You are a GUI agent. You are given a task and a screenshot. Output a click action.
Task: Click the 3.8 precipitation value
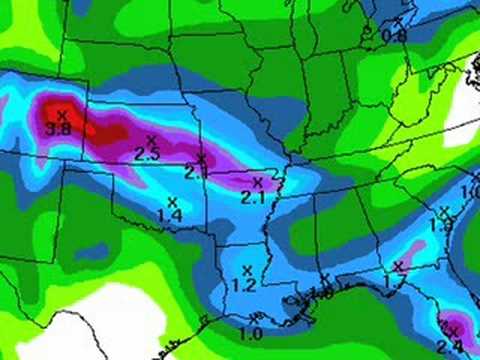[59, 128]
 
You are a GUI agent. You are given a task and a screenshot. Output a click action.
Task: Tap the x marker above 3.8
[61, 114]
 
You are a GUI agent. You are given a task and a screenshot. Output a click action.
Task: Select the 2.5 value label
[147, 154]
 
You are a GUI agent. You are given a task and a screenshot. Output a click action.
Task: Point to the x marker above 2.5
[151, 140]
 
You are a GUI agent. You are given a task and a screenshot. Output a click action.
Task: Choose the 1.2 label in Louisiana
[244, 285]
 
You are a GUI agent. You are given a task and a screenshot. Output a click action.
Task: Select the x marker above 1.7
[398, 266]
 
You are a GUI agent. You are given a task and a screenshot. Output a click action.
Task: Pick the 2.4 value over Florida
[449, 346]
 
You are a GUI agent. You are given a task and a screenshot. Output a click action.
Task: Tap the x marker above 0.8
[398, 21]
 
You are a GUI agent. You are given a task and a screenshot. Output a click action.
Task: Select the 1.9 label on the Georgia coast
[442, 227]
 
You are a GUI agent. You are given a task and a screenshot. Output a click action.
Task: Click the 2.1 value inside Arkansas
[253, 197]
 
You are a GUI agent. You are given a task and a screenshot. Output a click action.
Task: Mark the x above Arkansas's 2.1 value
[257, 183]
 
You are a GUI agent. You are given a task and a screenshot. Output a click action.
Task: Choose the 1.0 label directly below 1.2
[250, 334]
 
